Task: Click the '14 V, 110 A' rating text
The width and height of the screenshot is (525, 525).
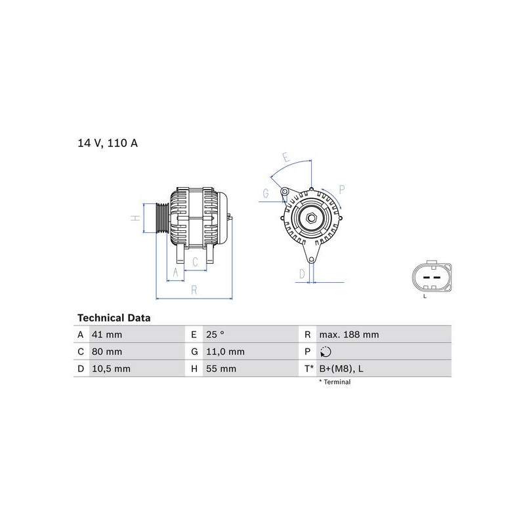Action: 108,143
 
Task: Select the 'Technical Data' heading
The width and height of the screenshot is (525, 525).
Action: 114,318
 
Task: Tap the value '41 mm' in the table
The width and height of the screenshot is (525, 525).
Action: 107,335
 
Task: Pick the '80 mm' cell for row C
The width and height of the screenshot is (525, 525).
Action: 107,352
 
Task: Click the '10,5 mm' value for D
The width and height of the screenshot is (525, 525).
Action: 111,369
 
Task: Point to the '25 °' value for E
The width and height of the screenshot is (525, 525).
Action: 215,335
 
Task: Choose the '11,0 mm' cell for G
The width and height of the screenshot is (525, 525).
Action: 225,352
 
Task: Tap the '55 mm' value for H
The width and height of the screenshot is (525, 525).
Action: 221,369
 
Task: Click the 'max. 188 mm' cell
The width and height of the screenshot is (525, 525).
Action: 349,335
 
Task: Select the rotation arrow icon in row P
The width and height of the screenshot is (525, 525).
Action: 325,352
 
